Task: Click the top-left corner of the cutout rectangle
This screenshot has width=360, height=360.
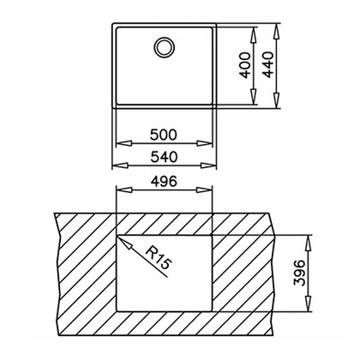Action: (x=117, y=233)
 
